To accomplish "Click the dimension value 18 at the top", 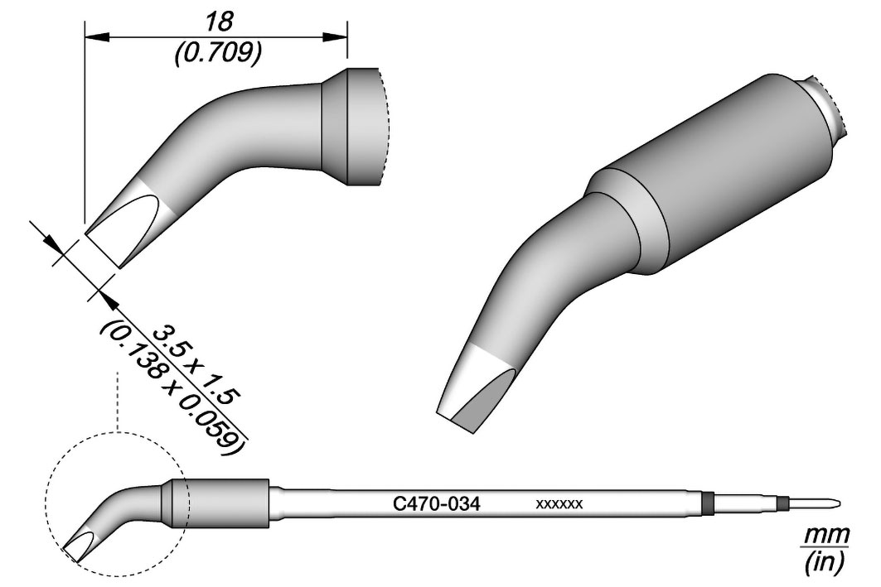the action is click(x=219, y=22).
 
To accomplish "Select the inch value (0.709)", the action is click(x=218, y=55).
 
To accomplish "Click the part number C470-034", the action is click(x=436, y=504).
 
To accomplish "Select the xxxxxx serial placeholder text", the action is click(x=559, y=504).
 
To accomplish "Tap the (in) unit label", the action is click(x=825, y=561).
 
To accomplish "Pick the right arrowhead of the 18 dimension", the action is click(x=335, y=36).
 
